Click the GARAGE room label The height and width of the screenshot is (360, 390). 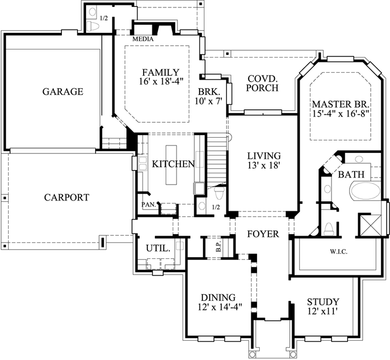coord(63,91)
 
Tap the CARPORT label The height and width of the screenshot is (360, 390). coord(66,197)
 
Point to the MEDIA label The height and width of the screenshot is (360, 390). coord(143,39)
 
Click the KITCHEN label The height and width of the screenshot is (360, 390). coord(173,164)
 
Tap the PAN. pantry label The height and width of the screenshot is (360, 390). coord(148,205)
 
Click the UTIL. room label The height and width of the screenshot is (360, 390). coord(159,249)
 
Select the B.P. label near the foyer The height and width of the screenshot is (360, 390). coord(218,249)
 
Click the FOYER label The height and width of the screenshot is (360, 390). coord(263,234)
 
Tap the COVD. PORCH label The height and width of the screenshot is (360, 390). coord(263,83)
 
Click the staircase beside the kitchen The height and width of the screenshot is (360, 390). coord(217,159)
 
